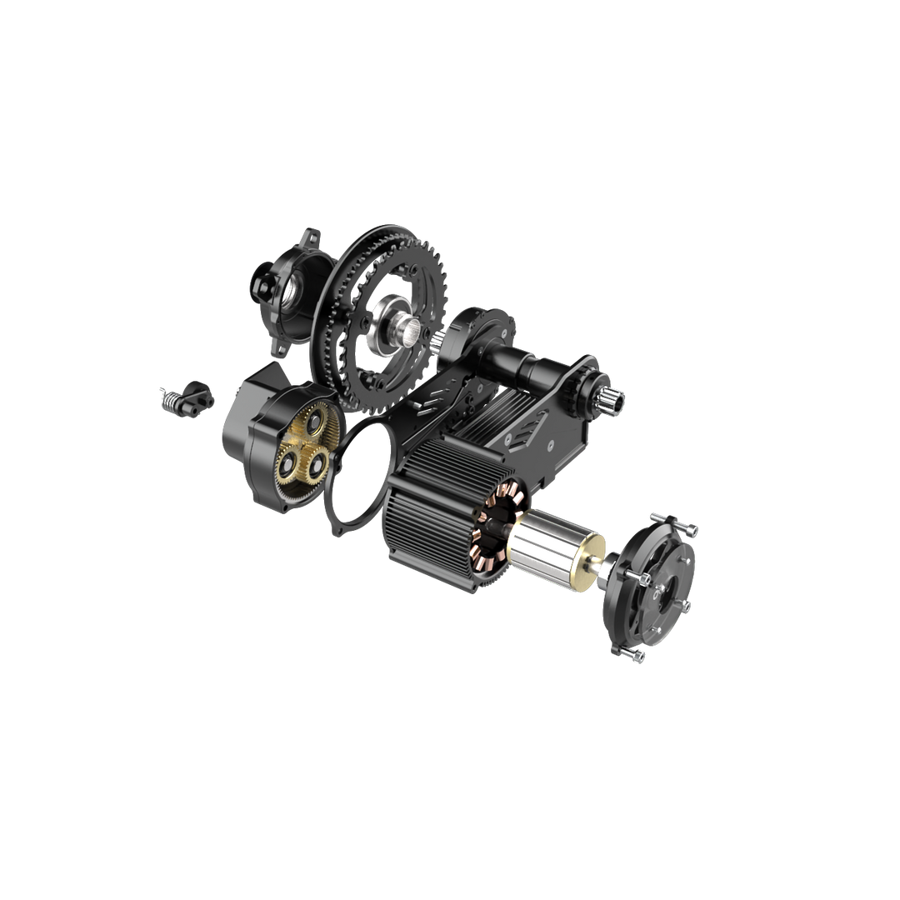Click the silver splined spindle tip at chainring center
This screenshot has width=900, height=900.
click(x=414, y=337)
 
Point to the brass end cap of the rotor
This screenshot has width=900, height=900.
click(x=595, y=571)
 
